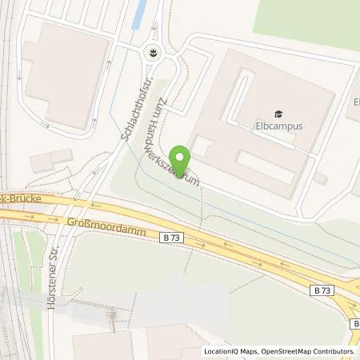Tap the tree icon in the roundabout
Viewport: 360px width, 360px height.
coord(150,54)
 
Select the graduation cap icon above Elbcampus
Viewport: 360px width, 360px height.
coord(278,114)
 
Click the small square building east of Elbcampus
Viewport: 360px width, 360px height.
coord(321,178)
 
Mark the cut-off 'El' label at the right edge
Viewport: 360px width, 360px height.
coord(355,102)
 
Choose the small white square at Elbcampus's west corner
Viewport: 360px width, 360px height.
coord(202,147)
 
